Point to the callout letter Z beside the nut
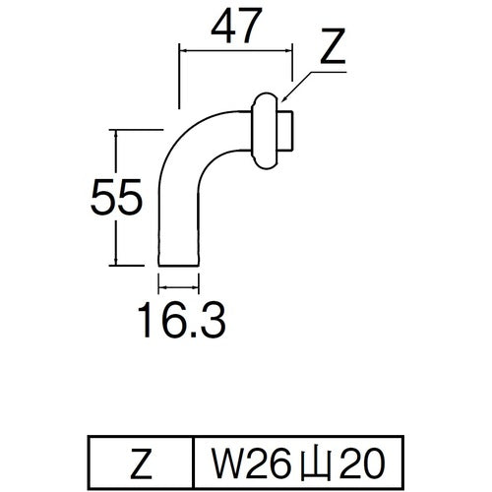click(334, 49)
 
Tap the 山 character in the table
click(312, 459)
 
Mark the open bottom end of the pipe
click(180, 264)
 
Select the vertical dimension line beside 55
click(117, 197)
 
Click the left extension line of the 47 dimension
click(177, 74)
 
